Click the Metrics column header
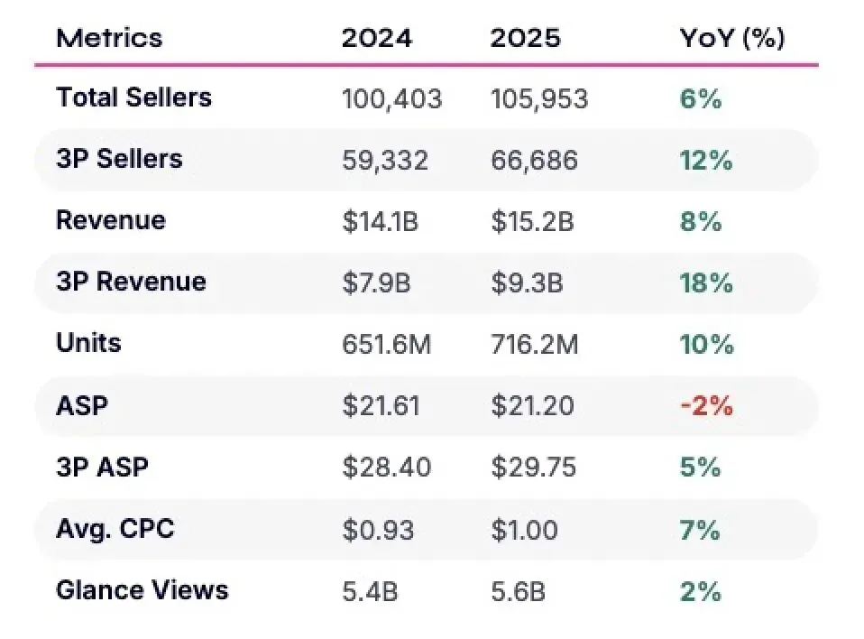click(x=109, y=38)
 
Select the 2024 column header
click(x=376, y=38)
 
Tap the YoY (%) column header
click(x=731, y=39)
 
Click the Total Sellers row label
click(x=133, y=97)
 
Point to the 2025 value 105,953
click(x=539, y=99)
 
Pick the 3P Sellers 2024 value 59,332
click(x=384, y=161)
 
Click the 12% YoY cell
click(x=706, y=161)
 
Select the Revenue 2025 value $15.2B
click(x=532, y=222)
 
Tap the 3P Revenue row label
click(x=131, y=282)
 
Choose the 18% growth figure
click(x=706, y=282)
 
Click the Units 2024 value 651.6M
click(x=386, y=345)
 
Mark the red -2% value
click(x=706, y=406)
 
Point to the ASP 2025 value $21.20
click(x=532, y=406)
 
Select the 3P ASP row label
click(x=102, y=467)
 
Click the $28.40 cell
click(x=386, y=467)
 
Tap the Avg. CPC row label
click(x=115, y=529)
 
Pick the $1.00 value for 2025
click(x=524, y=530)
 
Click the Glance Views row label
click(x=142, y=590)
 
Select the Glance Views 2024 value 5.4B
click(x=370, y=591)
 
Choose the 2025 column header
click(x=525, y=38)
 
